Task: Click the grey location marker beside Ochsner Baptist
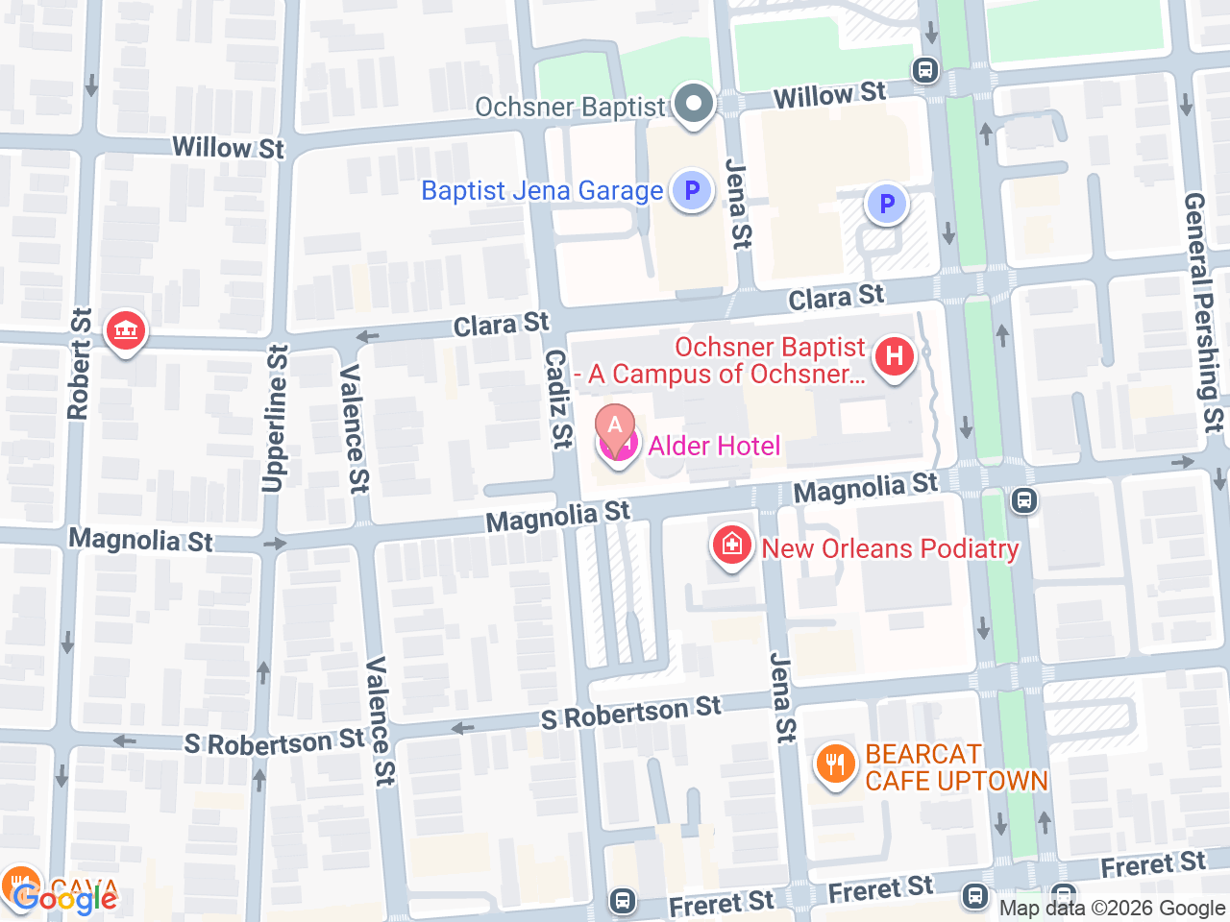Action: (x=693, y=103)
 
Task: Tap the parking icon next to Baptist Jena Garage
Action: (x=691, y=190)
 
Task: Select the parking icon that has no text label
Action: (x=886, y=204)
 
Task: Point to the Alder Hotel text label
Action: (x=714, y=446)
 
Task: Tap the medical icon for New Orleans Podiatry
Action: (x=731, y=546)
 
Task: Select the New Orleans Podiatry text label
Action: (x=890, y=548)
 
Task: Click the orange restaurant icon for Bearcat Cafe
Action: (x=835, y=765)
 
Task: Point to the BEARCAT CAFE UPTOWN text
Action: (x=956, y=767)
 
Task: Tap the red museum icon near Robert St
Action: (x=125, y=331)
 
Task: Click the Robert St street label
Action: (x=80, y=364)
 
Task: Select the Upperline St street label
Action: (x=276, y=419)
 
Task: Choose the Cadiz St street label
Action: (x=558, y=398)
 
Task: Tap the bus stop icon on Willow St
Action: (x=925, y=70)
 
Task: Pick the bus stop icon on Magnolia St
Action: (x=1024, y=499)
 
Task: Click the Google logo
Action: (x=65, y=899)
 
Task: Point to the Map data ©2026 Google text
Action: (x=1112, y=908)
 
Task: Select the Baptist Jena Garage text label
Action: (x=542, y=190)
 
